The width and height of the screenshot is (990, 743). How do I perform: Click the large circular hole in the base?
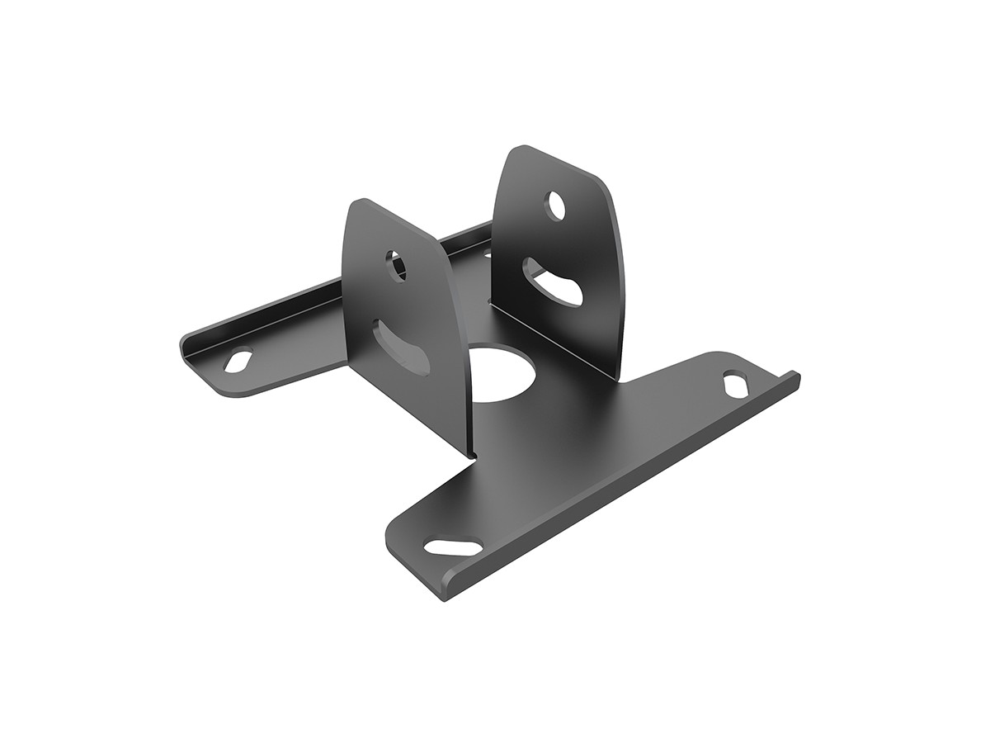click(503, 372)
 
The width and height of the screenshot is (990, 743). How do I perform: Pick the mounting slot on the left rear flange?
click(239, 362)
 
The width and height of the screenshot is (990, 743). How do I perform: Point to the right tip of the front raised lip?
click(797, 376)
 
